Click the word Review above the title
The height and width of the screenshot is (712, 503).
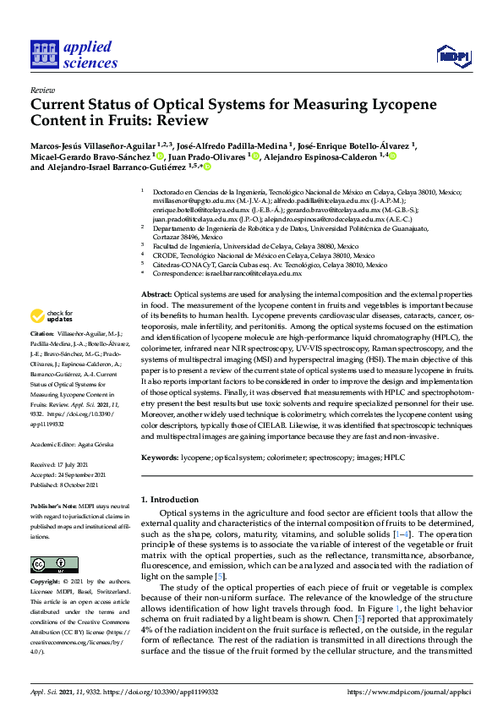coord(42,89)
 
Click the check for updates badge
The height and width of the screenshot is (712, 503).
coord(50,316)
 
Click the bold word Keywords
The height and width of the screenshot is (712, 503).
coord(159,456)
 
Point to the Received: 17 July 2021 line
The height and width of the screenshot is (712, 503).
coord(65,465)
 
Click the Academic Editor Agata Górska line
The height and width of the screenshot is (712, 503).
coord(76,442)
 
